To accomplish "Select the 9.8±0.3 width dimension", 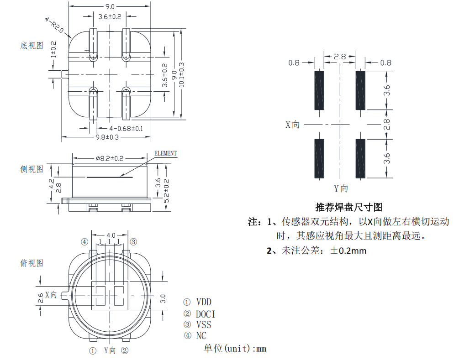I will [107, 137].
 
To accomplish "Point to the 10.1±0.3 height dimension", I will [181, 74].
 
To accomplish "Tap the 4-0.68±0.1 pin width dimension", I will [119, 129].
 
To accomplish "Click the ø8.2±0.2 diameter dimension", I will [110, 158].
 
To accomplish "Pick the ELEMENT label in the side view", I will [165, 153].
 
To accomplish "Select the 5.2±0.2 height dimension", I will [167, 190].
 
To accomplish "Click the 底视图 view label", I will [32, 46].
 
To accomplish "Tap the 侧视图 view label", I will [32, 169].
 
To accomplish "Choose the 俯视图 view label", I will [32, 263].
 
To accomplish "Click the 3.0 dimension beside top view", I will [163, 299].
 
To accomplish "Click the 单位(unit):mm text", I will [235, 349].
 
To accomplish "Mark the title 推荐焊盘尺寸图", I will [348, 207].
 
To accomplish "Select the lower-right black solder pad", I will [360, 159].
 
